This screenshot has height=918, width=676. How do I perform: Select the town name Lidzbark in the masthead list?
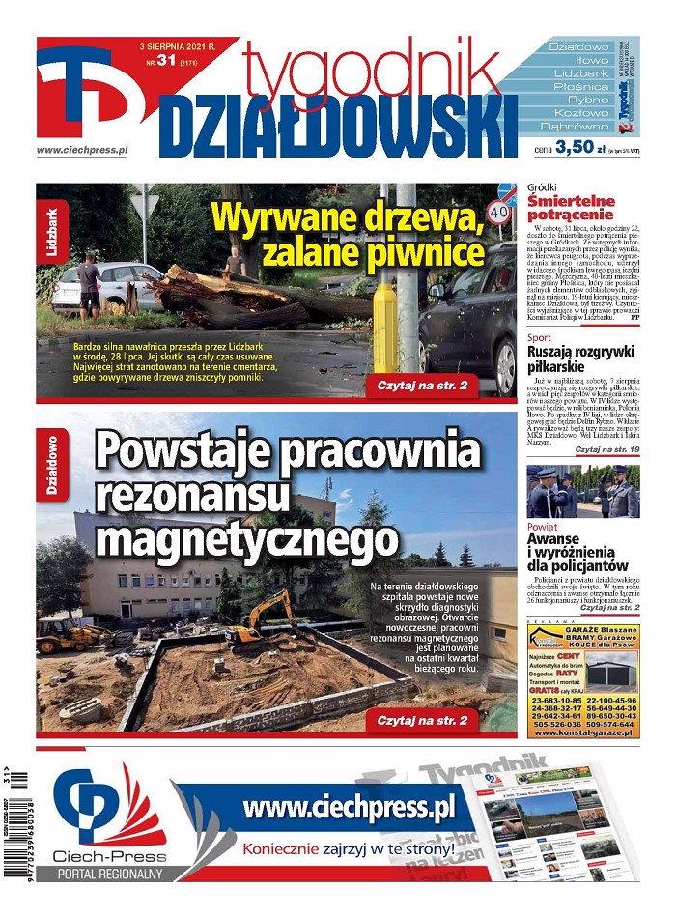point(579,72)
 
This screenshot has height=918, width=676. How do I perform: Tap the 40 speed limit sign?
point(499,210)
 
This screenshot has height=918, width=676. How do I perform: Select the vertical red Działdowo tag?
point(51,465)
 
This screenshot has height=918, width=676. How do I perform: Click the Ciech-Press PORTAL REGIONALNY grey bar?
point(109,874)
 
